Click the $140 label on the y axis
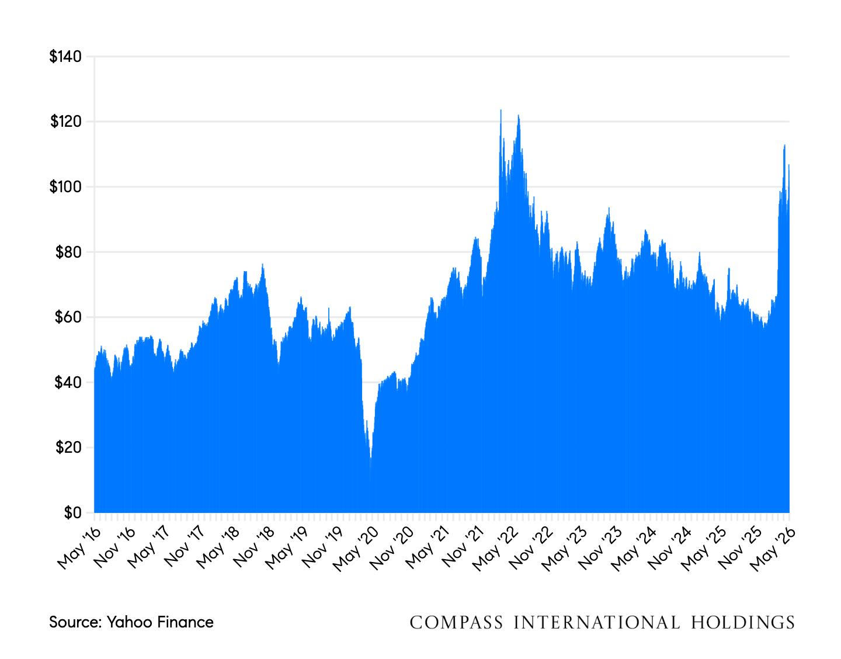coord(65,57)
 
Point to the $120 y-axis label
coord(66,122)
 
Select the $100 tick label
coord(65,187)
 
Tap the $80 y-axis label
coord(68,252)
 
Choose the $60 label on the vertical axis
coord(68,317)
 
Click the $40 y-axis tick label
coord(68,383)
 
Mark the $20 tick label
coord(68,448)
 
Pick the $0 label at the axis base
coord(73,513)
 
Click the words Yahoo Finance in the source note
coord(160,623)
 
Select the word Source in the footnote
coord(74,623)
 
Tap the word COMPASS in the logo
coord(456,623)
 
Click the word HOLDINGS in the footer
coord(743,623)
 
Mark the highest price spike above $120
coord(501,110)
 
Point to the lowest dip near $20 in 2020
coord(371,457)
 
